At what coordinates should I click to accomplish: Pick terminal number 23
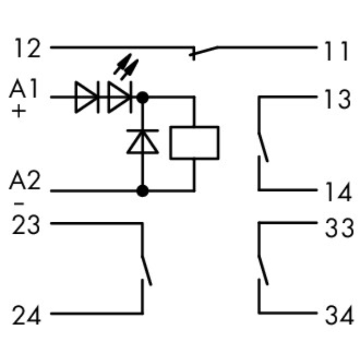tap(26, 225)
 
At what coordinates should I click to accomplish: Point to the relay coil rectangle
tap(194, 143)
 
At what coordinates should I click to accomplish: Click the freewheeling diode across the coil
tap(142, 143)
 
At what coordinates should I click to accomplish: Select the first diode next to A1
tap(87, 97)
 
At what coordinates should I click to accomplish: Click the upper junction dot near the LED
tap(142, 97)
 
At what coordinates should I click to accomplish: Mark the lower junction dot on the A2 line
tap(142, 191)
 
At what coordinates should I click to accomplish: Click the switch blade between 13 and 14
tap(264, 146)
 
